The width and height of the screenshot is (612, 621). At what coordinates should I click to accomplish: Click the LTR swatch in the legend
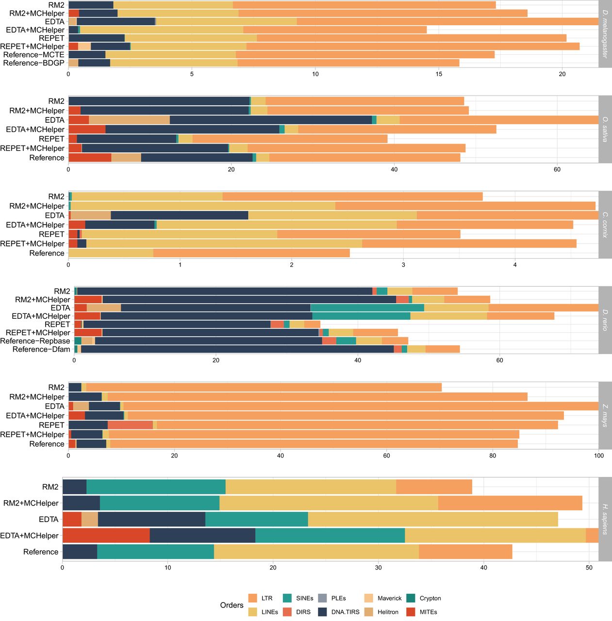click(252, 598)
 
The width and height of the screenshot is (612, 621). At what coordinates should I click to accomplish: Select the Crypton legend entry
click(430, 598)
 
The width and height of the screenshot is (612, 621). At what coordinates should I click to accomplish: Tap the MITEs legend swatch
click(411, 612)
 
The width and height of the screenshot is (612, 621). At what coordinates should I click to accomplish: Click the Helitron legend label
click(388, 612)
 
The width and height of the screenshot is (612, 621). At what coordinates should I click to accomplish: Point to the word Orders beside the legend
click(232, 605)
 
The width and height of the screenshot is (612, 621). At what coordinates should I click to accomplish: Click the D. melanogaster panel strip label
click(605, 33)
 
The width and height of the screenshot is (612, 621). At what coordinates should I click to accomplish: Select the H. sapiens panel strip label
click(605, 519)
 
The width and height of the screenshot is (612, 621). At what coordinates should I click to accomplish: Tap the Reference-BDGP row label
click(33, 63)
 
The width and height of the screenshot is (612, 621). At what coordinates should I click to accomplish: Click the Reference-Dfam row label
click(41, 349)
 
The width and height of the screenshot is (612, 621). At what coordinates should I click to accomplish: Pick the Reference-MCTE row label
click(33, 55)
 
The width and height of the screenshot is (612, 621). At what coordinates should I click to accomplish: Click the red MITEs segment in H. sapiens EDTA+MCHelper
click(106, 536)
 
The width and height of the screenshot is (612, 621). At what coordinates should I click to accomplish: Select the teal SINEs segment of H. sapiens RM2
click(156, 487)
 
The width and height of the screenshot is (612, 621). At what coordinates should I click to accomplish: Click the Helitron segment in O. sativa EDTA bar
click(129, 120)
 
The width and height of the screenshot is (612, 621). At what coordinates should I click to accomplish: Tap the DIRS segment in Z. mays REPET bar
click(130, 425)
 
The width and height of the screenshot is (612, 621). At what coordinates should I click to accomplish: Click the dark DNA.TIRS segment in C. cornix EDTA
click(179, 215)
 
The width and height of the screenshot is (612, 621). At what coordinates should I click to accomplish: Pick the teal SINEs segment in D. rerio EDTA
click(367, 308)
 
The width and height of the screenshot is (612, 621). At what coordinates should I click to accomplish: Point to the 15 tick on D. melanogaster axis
click(439, 74)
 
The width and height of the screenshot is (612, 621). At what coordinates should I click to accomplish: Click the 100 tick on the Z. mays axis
click(599, 456)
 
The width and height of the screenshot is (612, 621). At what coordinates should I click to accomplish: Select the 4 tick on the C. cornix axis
click(515, 265)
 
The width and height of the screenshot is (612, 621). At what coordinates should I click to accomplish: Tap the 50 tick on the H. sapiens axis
click(589, 568)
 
